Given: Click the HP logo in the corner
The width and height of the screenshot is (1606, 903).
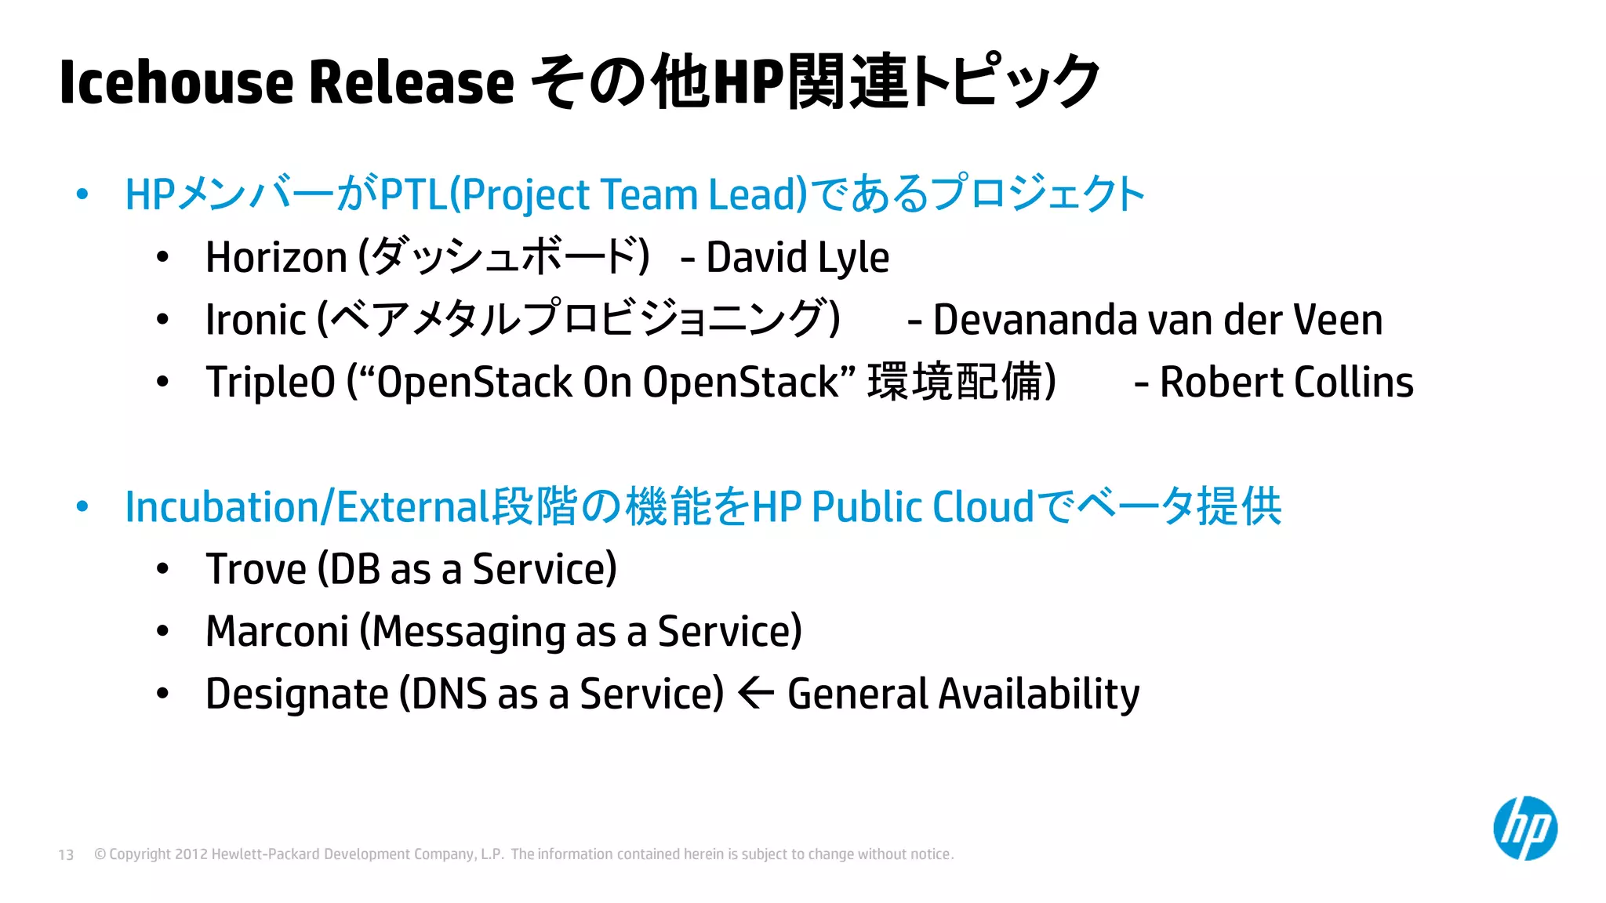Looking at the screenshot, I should coord(1524,829).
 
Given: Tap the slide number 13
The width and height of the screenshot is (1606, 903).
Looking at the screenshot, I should coord(66,854).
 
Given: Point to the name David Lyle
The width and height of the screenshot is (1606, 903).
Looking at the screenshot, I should coord(798,257).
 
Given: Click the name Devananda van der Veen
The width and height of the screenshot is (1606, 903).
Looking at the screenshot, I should coord(1157,320).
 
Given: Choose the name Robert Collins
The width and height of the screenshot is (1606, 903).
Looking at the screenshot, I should coord(1286,383).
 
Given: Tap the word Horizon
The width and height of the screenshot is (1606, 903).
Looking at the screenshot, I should coord(276,257).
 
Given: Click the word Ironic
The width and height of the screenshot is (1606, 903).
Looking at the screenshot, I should coord(256,320).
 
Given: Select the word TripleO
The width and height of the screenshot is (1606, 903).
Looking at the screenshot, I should coord(271,383).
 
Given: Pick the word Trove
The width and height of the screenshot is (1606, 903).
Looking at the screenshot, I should coord(256,569).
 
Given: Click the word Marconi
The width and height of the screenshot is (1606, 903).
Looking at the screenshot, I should coord(277,631).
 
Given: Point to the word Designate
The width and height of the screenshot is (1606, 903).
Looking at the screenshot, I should coord(297,694).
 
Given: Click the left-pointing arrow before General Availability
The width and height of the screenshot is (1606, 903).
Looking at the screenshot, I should coord(756,693).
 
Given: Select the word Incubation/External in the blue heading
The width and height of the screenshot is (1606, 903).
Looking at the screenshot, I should coord(307,506).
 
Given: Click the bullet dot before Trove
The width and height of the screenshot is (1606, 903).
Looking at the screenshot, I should coord(162,569).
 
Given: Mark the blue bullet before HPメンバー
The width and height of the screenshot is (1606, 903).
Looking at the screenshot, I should coord(82,194).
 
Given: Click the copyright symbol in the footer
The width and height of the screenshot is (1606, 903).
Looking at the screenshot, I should coord(100,854).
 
